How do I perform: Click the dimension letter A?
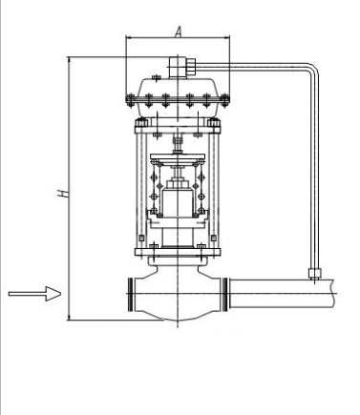[179, 31]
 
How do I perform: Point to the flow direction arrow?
[34, 294]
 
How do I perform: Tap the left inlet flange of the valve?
[131, 294]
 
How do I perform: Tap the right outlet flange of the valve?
[224, 294]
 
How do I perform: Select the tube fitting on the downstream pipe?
[315, 273]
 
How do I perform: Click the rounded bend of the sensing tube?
[312, 69]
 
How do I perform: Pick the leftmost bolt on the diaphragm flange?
[130, 100]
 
